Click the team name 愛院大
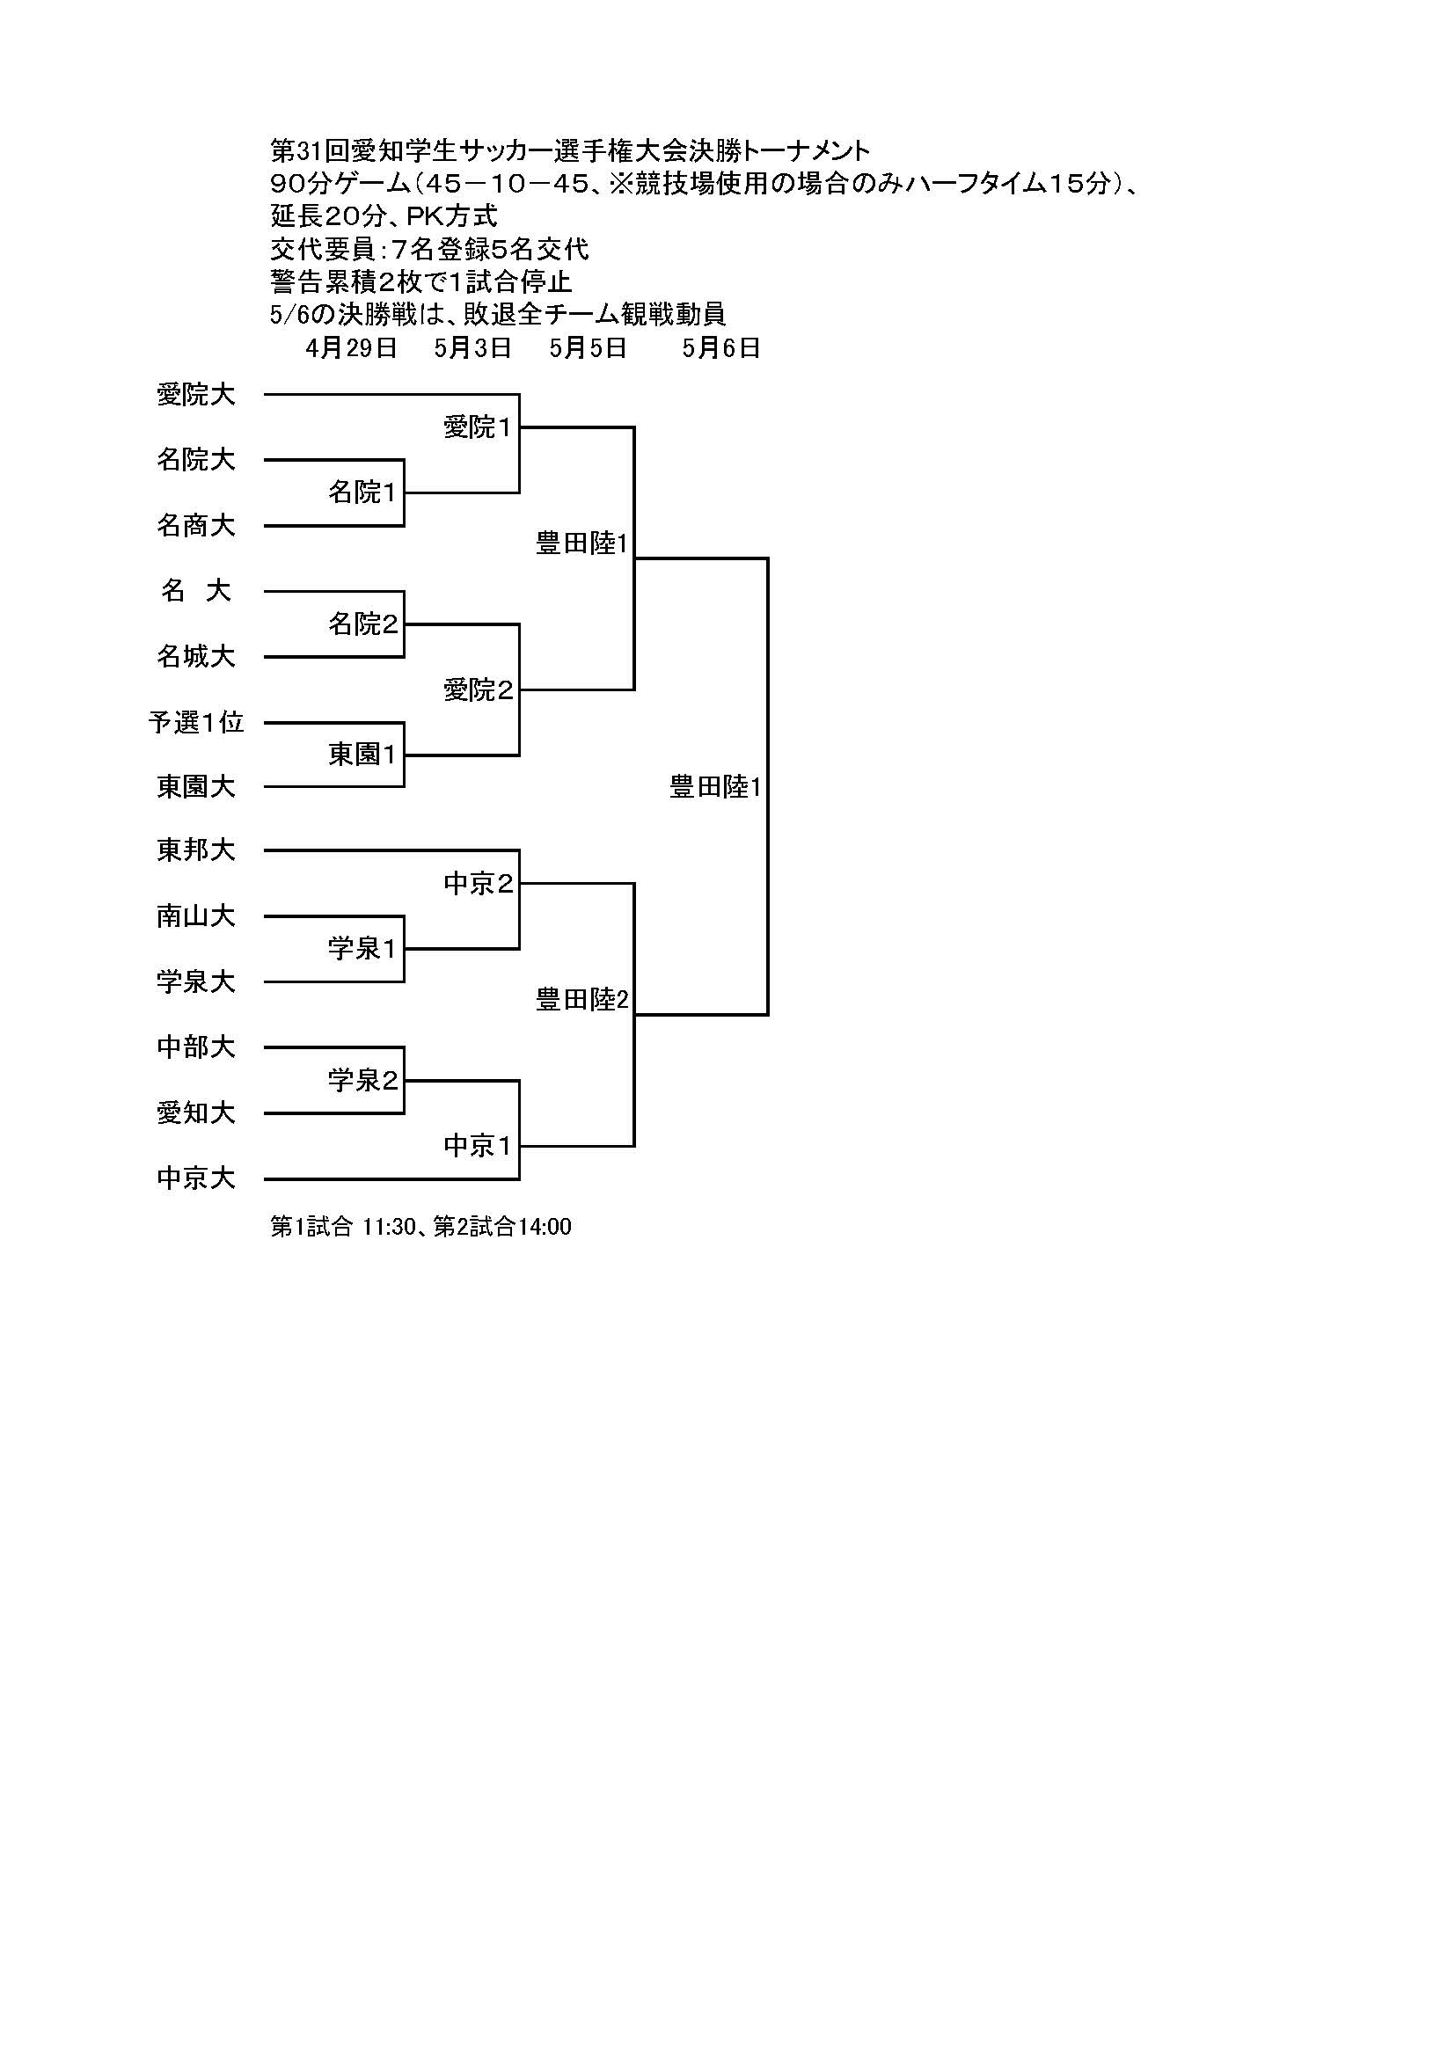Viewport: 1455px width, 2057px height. tap(195, 395)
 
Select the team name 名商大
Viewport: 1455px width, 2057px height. tap(195, 526)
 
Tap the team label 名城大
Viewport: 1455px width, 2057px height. tap(195, 657)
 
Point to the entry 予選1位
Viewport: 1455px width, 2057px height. tap(195, 722)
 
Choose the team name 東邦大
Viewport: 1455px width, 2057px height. tap(195, 850)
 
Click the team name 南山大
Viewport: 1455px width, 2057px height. tap(195, 916)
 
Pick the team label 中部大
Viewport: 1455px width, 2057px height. tap(195, 1047)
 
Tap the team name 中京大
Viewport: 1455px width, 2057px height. tap(195, 1178)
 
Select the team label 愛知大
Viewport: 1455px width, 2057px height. tap(195, 1112)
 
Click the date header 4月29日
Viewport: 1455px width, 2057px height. tap(351, 348)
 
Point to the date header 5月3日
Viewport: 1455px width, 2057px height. tap(472, 348)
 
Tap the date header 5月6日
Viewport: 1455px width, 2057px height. tap(720, 348)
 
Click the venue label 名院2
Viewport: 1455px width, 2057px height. tap(362, 624)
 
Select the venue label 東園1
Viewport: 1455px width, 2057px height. tap(362, 755)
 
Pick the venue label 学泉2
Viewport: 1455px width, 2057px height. tap(362, 1081)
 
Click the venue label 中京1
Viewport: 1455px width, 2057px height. tap(478, 1146)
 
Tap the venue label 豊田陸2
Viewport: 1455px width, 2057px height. tap(582, 1000)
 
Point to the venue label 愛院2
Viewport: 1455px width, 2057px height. tap(478, 689)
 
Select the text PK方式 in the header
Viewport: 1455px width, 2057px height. tap(451, 216)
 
